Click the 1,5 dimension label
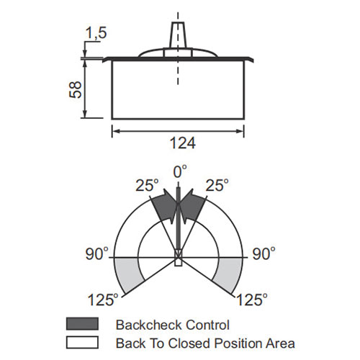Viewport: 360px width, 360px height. (96, 33)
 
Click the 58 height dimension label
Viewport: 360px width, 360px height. (76, 89)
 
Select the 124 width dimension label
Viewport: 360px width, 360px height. (183, 143)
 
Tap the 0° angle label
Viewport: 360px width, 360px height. (180, 171)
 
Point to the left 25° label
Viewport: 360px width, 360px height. (147, 185)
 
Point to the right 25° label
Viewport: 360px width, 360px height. (217, 185)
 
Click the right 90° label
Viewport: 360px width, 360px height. (264, 253)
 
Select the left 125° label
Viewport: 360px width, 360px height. (103, 300)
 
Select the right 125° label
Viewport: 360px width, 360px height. (252, 300)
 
